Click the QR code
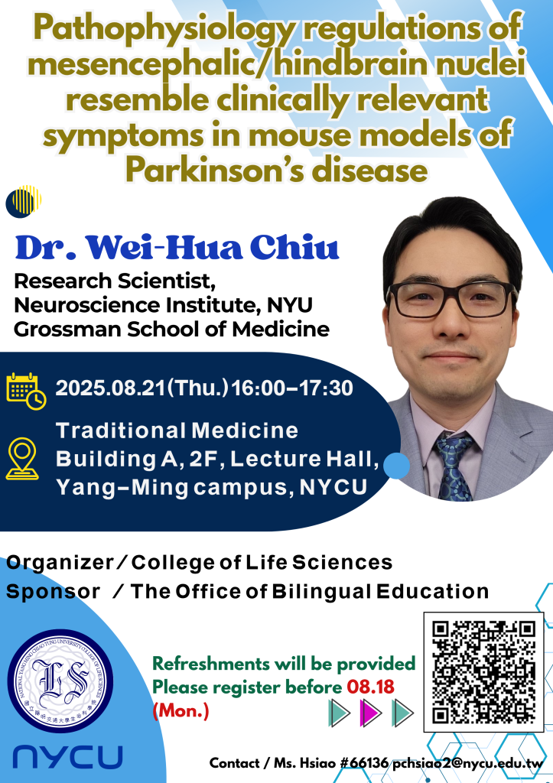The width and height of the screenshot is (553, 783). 483,671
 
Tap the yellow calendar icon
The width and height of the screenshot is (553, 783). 26,391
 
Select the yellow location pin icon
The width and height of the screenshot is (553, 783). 22,459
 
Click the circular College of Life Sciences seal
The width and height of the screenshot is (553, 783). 60,681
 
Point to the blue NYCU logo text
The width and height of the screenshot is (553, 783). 67,756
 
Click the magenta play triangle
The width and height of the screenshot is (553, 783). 371,713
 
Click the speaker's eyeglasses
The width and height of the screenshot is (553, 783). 451,299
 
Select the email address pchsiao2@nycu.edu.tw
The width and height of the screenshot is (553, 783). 467,764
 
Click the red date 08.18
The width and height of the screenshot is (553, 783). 371,687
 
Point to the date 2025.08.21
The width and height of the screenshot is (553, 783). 110,388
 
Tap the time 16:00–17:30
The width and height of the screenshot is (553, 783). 292,388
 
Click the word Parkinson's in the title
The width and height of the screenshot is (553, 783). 215,171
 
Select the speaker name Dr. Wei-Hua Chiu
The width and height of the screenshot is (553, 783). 177,247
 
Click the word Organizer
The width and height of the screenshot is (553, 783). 60,563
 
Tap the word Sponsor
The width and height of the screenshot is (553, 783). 53,593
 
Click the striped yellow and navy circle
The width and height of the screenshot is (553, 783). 24,202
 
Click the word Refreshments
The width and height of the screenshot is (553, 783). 211,664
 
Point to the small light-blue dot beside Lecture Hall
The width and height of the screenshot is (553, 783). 397,466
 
